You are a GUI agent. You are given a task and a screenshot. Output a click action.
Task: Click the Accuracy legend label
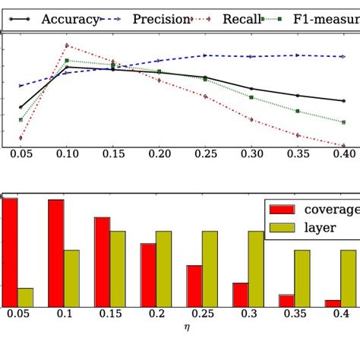click(x=70, y=19)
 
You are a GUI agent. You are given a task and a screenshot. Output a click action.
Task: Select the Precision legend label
click(x=161, y=19)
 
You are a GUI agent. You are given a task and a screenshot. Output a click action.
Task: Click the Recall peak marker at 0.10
click(x=67, y=46)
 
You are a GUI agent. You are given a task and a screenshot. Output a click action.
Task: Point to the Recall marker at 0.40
click(x=343, y=145)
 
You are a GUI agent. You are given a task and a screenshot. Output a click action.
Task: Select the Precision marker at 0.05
click(x=21, y=86)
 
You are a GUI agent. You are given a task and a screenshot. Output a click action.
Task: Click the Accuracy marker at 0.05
click(x=21, y=107)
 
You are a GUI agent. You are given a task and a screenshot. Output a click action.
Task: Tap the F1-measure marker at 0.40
click(x=343, y=122)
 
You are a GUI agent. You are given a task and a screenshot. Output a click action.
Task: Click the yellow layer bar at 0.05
click(x=25, y=297)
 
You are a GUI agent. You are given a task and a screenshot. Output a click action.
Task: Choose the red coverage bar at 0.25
click(x=194, y=286)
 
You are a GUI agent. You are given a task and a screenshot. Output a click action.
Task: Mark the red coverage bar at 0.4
click(x=333, y=303)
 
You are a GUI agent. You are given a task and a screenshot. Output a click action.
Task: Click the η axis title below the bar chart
click(x=187, y=327)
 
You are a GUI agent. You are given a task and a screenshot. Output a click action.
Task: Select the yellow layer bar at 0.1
click(x=71, y=278)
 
